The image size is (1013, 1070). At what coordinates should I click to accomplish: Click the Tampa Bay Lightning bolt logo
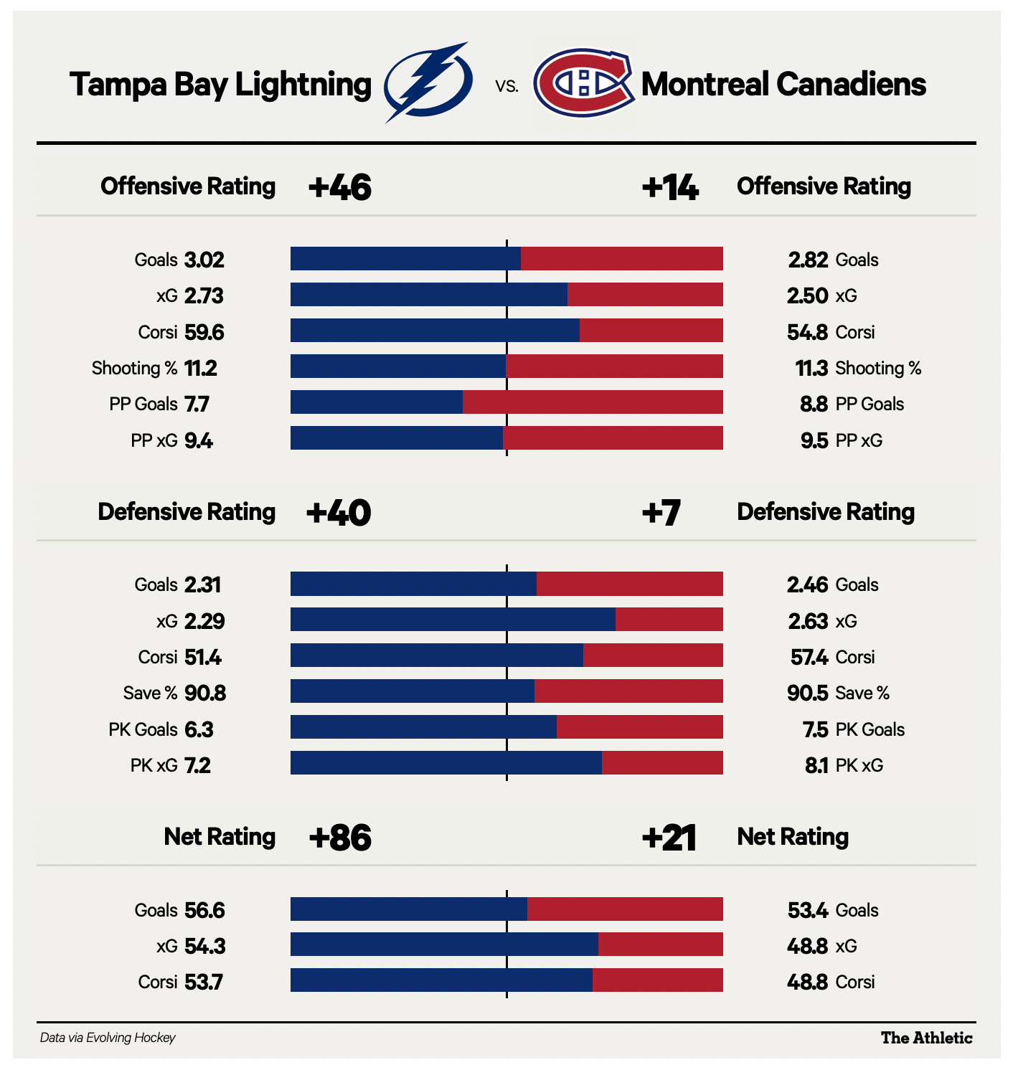pyautogui.click(x=428, y=82)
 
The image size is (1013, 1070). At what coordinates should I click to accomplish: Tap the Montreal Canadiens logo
pyautogui.click(x=584, y=83)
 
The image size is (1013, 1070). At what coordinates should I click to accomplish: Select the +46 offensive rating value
pyautogui.click(x=339, y=187)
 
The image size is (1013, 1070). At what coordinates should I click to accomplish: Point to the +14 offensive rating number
pyautogui.click(x=669, y=187)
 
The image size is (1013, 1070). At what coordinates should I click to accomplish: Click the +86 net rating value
pyautogui.click(x=339, y=837)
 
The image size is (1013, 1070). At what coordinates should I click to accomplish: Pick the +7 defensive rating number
pyautogui.click(x=661, y=512)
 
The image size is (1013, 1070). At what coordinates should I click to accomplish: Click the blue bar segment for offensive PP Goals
pyautogui.click(x=377, y=402)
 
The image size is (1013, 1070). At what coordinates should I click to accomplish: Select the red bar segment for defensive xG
pyautogui.click(x=669, y=620)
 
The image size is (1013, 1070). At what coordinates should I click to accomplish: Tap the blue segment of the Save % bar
pyautogui.click(x=413, y=691)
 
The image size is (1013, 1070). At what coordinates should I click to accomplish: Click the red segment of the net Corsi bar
pyautogui.click(x=657, y=980)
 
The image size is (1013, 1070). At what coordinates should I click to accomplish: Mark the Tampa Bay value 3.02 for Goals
pyautogui.click(x=204, y=260)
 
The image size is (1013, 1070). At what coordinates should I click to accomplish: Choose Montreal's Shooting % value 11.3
pyautogui.click(x=811, y=368)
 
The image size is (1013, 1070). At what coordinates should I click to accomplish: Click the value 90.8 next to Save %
pyautogui.click(x=205, y=693)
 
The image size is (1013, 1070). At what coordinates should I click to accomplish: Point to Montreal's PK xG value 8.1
pyautogui.click(x=816, y=765)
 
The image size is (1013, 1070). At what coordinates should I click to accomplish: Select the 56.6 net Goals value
pyautogui.click(x=204, y=910)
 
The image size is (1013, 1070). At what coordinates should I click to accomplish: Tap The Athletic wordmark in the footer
pyautogui.click(x=926, y=1038)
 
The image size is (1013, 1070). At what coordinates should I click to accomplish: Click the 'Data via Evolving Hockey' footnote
pyautogui.click(x=108, y=1038)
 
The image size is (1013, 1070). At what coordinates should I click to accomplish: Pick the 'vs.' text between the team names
pyautogui.click(x=506, y=87)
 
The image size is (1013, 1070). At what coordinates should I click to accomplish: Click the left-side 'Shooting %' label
pyautogui.click(x=134, y=368)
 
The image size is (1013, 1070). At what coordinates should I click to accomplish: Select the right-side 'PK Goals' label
pyautogui.click(x=870, y=729)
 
